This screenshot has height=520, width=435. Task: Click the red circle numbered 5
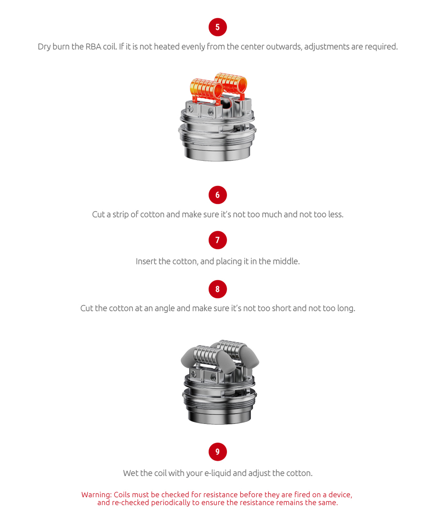[217, 27]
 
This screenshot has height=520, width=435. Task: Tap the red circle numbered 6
[217, 195]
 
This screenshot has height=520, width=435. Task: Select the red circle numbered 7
[217, 240]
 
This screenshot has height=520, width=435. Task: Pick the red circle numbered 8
[217, 289]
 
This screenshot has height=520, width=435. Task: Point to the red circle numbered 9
[217, 452]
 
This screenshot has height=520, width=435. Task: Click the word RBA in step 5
[93, 47]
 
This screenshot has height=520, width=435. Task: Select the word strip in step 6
[120, 214]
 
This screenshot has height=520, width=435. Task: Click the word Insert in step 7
[146, 261]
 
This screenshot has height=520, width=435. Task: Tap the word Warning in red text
[96, 495]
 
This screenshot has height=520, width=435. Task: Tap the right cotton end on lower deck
[248, 355]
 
